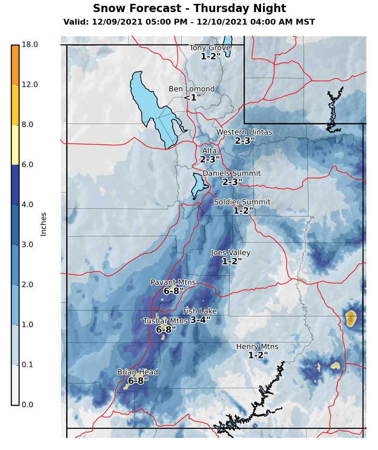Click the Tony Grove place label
click(210, 48)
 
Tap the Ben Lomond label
click(191, 89)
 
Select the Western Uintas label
click(244, 132)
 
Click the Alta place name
click(210, 151)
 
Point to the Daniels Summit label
click(232, 173)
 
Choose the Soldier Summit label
click(242, 202)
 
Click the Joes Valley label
click(231, 253)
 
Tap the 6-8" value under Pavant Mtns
click(174, 291)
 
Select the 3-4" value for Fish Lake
click(200, 320)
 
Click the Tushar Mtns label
click(165, 321)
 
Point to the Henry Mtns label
click(257, 347)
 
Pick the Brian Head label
click(138, 372)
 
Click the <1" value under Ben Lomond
click(192, 98)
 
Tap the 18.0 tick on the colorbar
click(30, 44)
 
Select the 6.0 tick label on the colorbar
click(27, 164)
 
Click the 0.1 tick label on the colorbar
click(27, 365)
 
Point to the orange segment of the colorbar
click(15, 65)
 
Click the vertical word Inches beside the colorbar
click(44, 224)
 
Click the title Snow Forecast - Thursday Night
click(189, 9)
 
